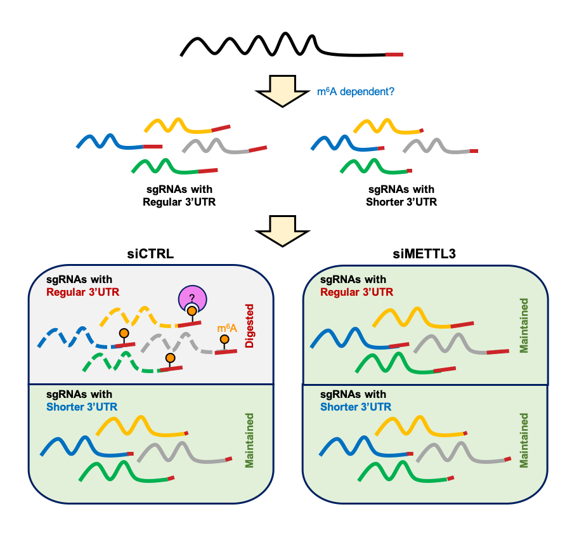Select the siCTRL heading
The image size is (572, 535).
tap(150, 254)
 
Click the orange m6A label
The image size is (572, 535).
tap(226, 328)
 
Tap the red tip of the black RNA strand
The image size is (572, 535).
tap(394, 55)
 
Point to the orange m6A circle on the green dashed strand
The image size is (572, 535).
tap(170, 359)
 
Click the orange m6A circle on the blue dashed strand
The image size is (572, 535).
tap(124, 334)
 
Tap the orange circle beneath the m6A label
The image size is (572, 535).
tap(224, 340)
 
